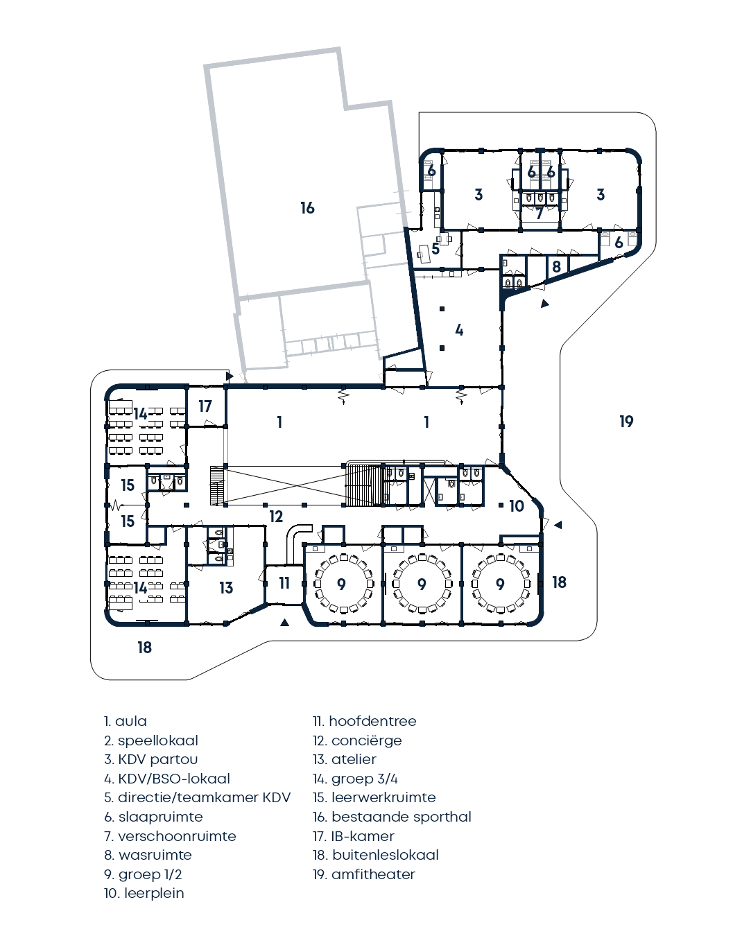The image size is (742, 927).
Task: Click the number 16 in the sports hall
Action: (x=307, y=208)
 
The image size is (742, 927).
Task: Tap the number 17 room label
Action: (x=205, y=406)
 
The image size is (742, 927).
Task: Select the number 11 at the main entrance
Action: (x=284, y=583)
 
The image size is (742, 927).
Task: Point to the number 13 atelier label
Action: (x=226, y=588)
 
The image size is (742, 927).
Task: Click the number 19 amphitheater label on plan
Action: (x=626, y=422)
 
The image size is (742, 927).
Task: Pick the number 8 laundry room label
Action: (x=556, y=266)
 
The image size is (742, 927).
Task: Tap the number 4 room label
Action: (x=459, y=330)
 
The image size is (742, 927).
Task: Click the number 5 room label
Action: (x=435, y=249)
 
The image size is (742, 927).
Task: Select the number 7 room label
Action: (x=539, y=214)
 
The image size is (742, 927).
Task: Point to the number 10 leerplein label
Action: (x=517, y=506)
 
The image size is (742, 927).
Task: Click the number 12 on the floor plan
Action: (x=276, y=517)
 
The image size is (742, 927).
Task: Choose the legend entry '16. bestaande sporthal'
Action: (x=392, y=817)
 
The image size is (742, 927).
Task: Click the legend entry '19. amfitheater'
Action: (x=363, y=874)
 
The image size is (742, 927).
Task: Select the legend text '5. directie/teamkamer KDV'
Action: (x=197, y=797)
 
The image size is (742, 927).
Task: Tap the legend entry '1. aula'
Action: (x=126, y=721)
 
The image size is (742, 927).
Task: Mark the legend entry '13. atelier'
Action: (x=344, y=759)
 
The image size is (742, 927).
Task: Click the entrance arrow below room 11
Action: (x=284, y=623)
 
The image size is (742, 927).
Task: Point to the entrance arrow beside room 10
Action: (x=558, y=525)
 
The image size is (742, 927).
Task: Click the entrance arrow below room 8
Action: (x=545, y=303)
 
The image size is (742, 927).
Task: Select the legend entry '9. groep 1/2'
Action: (x=143, y=874)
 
